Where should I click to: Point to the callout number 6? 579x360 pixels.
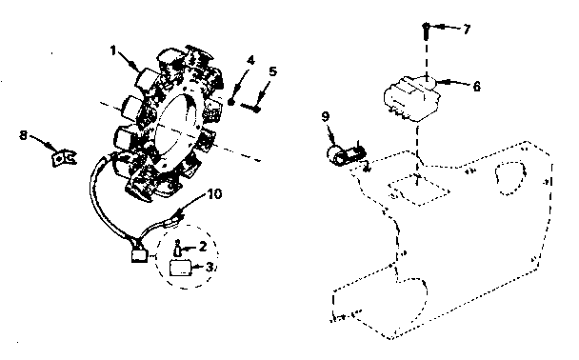coord(476,86)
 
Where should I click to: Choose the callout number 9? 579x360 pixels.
coord(326,118)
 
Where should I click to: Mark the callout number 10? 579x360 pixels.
coord(215,194)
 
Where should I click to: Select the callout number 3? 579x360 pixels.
coord(210,268)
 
